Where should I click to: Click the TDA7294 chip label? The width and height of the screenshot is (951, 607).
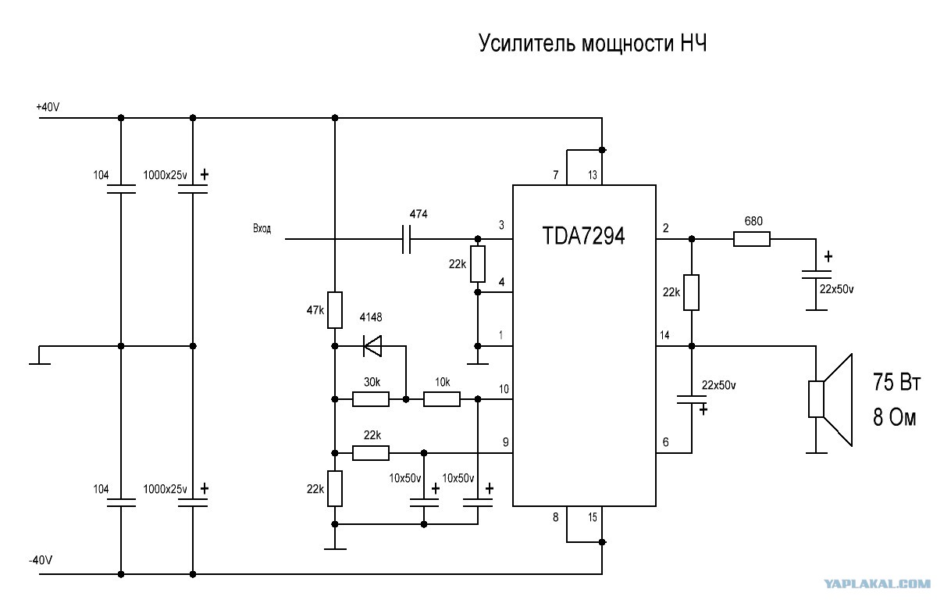click(x=583, y=236)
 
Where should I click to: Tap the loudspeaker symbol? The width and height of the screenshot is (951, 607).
click(x=831, y=400)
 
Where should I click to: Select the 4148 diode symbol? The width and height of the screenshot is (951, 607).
click(x=372, y=346)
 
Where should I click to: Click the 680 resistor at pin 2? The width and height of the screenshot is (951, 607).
click(x=751, y=239)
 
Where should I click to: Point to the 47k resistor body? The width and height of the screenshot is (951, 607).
click(x=334, y=310)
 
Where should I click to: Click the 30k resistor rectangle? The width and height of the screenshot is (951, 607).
click(x=371, y=399)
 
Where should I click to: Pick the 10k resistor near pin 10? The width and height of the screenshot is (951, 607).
click(x=442, y=399)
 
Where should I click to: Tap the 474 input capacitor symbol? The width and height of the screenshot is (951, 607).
click(x=406, y=239)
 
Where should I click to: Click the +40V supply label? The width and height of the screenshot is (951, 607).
click(x=48, y=107)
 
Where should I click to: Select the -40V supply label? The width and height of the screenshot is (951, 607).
click(x=41, y=560)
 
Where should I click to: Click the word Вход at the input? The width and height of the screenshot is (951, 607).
click(x=262, y=229)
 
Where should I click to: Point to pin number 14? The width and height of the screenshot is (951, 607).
click(x=664, y=335)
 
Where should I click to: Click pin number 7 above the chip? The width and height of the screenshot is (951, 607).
click(x=555, y=175)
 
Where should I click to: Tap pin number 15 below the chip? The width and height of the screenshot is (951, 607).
click(x=593, y=517)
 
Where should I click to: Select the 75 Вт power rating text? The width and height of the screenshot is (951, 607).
click(x=896, y=382)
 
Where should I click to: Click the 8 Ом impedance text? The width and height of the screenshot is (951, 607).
click(x=895, y=417)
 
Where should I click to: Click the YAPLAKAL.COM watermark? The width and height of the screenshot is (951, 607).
click(x=877, y=584)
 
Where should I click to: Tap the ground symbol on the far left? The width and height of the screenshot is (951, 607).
click(x=40, y=356)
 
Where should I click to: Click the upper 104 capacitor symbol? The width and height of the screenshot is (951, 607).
click(x=121, y=189)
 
